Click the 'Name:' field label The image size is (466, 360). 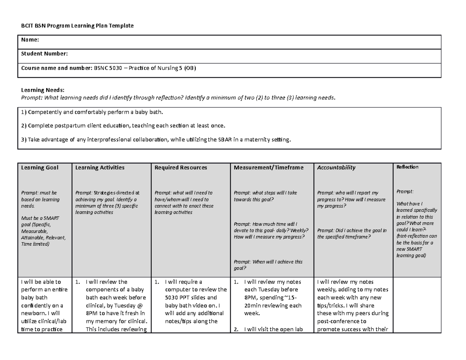(30, 40)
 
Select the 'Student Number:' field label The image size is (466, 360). (45, 54)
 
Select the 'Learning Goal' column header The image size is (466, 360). (40, 167)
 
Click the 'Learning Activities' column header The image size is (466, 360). (100, 167)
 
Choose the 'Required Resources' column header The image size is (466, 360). (181, 167)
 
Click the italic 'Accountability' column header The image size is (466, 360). (336, 167)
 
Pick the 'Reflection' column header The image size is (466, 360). (407, 167)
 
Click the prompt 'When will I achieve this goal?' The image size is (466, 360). (268, 265)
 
